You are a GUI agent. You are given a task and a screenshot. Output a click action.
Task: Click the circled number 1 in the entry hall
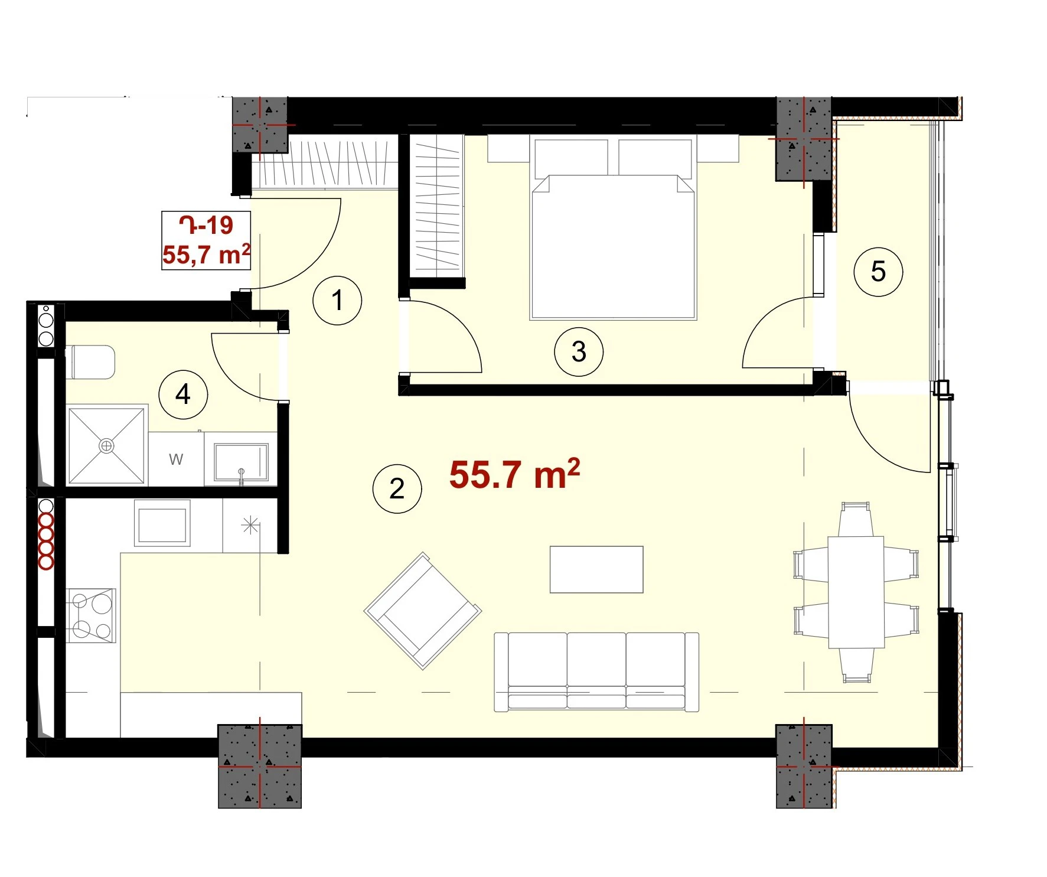pos(337,300)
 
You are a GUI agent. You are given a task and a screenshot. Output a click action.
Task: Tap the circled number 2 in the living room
pos(397,488)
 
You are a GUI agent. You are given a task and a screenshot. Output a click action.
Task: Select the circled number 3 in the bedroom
pos(579,352)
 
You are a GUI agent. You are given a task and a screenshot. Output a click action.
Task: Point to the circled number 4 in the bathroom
pos(183,395)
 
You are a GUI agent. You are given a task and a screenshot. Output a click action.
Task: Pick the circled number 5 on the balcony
pos(878,272)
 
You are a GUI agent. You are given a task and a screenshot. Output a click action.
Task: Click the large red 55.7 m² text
pos(514,474)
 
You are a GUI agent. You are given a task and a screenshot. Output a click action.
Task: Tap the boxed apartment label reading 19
pos(206,240)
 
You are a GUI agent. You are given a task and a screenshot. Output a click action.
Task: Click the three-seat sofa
pos(596,672)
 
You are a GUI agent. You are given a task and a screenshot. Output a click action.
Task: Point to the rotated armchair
pos(423,611)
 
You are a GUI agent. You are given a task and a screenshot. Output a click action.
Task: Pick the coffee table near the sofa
pos(596,569)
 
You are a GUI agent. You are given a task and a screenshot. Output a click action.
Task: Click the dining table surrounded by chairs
pos(856,592)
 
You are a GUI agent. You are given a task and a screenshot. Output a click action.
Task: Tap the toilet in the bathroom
pos(92,362)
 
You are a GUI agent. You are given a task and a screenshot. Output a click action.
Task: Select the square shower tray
pos(107,446)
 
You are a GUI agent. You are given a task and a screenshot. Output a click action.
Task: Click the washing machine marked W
pos(176,459)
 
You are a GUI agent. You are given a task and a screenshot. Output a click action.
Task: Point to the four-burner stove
pos(91,615)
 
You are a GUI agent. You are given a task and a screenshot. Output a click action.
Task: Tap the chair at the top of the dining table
pos(856,519)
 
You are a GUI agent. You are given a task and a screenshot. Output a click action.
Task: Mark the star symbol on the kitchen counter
pos(250,524)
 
